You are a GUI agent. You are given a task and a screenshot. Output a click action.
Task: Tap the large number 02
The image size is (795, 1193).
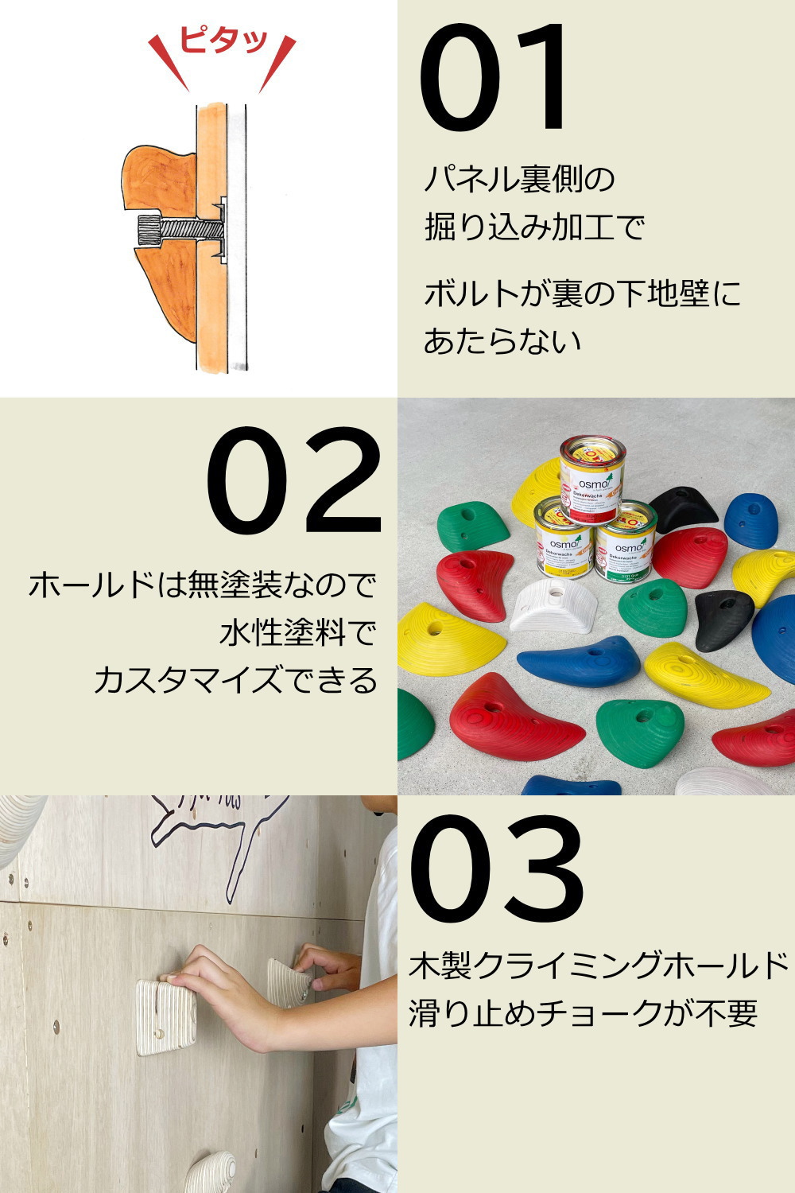tap(294, 481)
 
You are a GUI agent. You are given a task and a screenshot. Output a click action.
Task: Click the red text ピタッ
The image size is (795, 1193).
tap(222, 41)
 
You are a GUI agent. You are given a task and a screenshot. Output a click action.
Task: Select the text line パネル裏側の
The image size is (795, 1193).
tap(520, 179)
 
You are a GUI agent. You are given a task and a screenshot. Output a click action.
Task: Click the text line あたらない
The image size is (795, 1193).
tap(502, 340)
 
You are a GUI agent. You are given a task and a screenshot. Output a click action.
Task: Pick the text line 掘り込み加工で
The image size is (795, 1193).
tap(534, 227)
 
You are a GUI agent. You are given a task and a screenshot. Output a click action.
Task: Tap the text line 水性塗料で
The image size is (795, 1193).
tap(297, 633)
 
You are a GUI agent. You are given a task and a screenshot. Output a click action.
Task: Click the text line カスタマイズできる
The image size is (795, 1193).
tap(235, 681)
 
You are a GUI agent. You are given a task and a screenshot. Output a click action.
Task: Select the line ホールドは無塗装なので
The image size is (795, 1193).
tap(203, 585)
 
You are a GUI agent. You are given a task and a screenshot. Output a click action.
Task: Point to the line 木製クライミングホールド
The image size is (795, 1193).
tap(598, 966)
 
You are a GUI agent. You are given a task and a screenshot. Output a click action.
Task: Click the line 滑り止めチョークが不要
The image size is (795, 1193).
tap(583, 1013)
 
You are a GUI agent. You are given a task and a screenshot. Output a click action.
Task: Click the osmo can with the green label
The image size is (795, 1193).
tap(626, 541)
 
